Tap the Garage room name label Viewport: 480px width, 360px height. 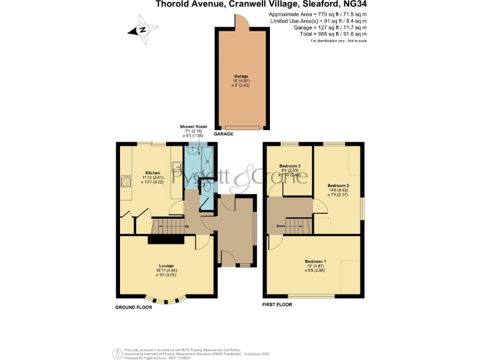pyautogui.click(x=241, y=76)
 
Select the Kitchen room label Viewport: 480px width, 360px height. pyautogui.click(x=153, y=172)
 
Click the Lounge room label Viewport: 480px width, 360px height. pyautogui.click(x=166, y=266)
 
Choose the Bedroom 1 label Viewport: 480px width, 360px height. pyautogui.click(x=316, y=261)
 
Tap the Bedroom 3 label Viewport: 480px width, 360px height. pyautogui.click(x=289, y=166)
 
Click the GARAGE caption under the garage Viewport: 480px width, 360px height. pyautogui.click(x=224, y=134)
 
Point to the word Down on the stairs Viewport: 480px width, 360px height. pyautogui.click(x=281, y=226)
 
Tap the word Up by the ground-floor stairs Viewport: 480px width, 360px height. pyautogui.click(x=186, y=226)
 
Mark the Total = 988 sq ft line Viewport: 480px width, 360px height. pyautogui.click(x=318, y=34)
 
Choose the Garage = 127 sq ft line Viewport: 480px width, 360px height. pyautogui.click(x=318, y=27)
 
